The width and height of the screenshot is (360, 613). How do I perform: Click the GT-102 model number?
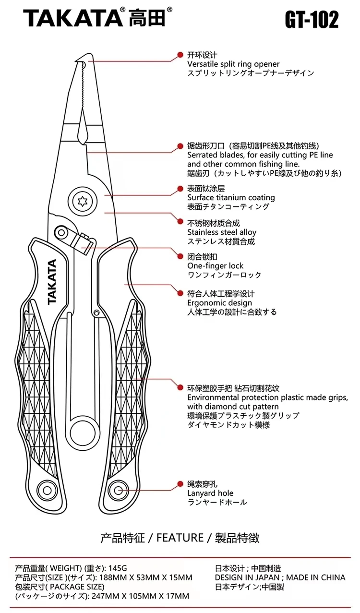(x=312, y=20)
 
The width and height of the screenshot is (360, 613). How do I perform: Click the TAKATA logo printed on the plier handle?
(x=52, y=282)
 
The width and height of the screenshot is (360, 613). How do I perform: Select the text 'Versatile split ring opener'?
(x=233, y=64)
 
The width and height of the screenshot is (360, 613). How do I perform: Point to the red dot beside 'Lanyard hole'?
(x=180, y=484)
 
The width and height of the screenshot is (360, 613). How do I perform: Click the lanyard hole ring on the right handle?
(x=118, y=491)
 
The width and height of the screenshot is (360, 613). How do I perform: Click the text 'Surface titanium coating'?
(x=231, y=197)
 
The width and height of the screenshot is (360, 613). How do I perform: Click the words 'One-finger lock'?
(x=215, y=265)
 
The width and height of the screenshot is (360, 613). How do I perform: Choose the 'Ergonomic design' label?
(x=219, y=303)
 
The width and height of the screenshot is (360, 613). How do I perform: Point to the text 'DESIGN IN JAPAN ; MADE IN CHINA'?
(x=280, y=577)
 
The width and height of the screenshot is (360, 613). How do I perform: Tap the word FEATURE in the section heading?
(x=180, y=537)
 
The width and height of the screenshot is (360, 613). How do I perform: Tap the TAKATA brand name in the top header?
(x=72, y=18)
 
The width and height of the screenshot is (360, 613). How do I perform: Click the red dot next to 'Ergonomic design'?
(x=180, y=292)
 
